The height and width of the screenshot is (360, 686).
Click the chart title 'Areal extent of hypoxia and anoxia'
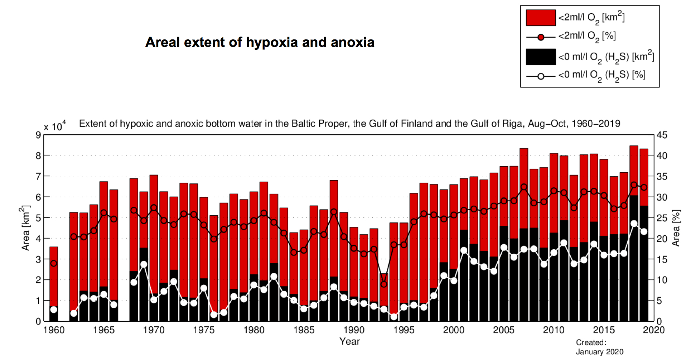(260, 42)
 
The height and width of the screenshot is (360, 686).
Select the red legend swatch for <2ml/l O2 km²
(540, 18)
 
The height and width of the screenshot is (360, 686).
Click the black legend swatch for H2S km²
(540, 57)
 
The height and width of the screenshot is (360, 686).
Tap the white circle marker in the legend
(541, 76)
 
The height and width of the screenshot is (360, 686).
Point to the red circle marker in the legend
(541, 37)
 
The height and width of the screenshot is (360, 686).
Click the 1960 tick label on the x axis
(54, 330)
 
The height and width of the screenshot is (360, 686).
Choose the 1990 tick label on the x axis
(354, 330)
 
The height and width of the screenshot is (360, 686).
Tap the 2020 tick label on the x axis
(653, 330)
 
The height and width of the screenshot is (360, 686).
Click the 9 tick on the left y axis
(38, 135)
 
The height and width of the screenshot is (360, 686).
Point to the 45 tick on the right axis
(662, 135)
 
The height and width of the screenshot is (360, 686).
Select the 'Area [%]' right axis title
(676, 228)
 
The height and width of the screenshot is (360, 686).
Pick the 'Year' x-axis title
(349, 341)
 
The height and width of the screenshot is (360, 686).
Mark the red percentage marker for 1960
(54, 264)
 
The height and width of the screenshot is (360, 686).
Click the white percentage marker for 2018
(634, 224)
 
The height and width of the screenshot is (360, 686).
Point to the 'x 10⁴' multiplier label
(54, 126)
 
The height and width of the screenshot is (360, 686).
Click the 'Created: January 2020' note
(599, 347)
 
